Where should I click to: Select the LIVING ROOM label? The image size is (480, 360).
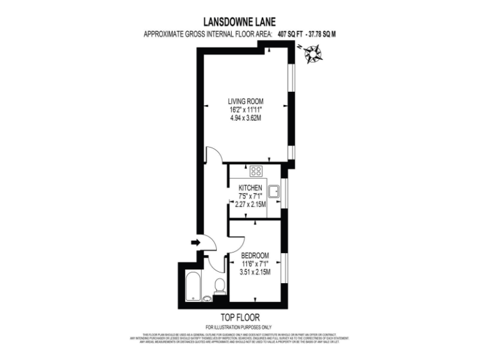[x=246, y=101]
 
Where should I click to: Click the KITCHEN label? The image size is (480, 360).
[x=250, y=188]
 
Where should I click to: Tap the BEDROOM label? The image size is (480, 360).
[x=256, y=255]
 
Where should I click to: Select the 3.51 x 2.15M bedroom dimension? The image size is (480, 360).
[x=256, y=272]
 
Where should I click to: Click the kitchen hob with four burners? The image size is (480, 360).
[x=257, y=171]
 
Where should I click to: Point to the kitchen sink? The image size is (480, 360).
[x=273, y=191]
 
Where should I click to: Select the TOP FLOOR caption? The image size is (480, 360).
[x=239, y=317]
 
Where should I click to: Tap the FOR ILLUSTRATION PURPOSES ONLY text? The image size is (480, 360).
[x=239, y=327]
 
